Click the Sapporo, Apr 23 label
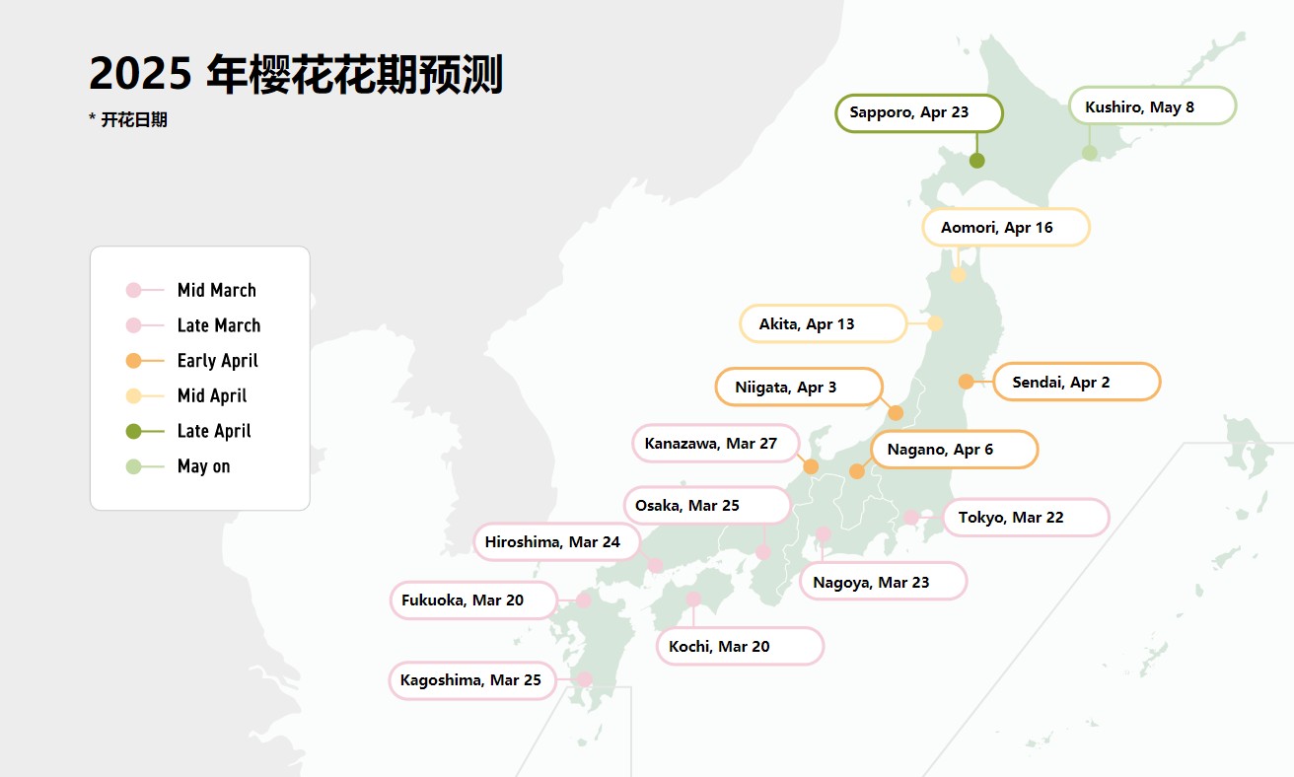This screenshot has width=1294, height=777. (x=918, y=112)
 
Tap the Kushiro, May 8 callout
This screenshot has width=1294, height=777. (x=1152, y=106)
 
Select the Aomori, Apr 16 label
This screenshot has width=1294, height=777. (x=1005, y=228)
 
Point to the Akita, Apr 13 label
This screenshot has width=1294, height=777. (x=823, y=324)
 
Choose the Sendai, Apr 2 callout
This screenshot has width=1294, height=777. (x=1076, y=383)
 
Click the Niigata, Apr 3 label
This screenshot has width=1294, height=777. (x=798, y=388)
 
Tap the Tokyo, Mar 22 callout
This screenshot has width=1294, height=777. (x=1026, y=518)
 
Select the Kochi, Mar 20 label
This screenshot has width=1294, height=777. (x=740, y=647)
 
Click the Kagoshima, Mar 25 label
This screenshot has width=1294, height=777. (x=473, y=680)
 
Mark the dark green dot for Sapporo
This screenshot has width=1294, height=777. (x=977, y=161)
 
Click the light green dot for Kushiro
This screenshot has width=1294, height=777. (x=1090, y=153)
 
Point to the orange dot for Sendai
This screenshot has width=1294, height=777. (x=967, y=382)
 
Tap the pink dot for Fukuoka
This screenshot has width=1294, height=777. (x=583, y=600)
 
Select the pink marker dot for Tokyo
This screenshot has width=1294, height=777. (x=911, y=517)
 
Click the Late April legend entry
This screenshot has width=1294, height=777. (x=214, y=431)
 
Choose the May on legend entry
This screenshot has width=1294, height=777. (x=203, y=466)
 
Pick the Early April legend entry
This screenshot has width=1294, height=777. (x=217, y=361)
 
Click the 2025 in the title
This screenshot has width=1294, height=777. (x=139, y=74)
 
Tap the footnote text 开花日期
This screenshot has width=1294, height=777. (x=134, y=120)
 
